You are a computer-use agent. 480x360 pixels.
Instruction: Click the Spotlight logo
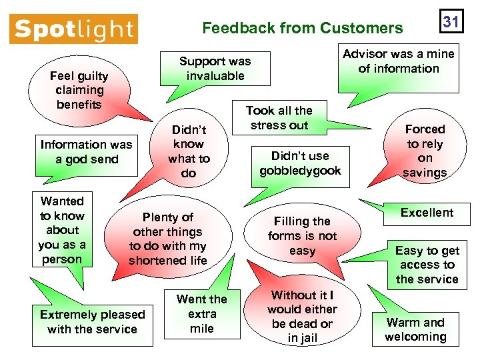pyautogui.click(x=73, y=29)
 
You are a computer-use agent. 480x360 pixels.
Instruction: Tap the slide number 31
pyautogui.click(x=451, y=22)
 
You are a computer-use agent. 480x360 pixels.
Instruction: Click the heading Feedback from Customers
pyautogui.click(x=303, y=28)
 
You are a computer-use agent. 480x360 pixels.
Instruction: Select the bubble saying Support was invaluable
pyautogui.click(x=215, y=69)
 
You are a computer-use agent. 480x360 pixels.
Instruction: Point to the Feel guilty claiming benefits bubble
pyautogui.click(x=80, y=90)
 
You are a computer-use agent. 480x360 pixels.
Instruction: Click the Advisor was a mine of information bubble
pyautogui.click(x=399, y=61)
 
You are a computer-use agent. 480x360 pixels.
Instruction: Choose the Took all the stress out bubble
pyautogui.click(x=279, y=118)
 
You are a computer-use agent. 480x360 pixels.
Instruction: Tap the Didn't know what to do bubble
pyautogui.click(x=189, y=151)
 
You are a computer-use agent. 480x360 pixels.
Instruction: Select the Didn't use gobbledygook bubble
pyautogui.click(x=300, y=163)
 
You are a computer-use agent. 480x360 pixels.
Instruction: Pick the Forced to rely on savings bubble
pyautogui.click(x=425, y=151)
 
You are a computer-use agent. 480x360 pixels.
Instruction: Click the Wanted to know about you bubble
pyautogui.click(x=62, y=230)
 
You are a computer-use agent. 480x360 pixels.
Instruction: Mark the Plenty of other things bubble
pyautogui.click(x=168, y=239)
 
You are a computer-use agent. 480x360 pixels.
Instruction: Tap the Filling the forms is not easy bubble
pyautogui.click(x=302, y=236)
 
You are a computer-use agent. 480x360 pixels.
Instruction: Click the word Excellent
pyautogui.click(x=427, y=213)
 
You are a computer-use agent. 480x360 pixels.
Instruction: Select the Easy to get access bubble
pyautogui.click(x=427, y=265)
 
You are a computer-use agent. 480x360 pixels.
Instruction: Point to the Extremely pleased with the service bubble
pyautogui.click(x=93, y=321)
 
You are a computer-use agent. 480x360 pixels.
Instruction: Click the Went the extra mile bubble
pyautogui.click(x=201, y=313)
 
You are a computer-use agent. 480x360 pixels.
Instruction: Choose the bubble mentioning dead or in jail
pyautogui.click(x=302, y=317)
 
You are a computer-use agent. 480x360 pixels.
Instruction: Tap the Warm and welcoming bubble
pyautogui.click(x=415, y=329)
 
